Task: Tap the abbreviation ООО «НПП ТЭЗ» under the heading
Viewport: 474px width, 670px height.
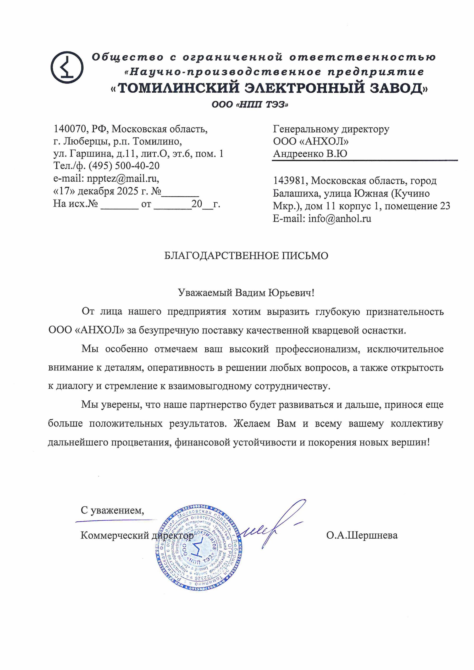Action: (250, 104)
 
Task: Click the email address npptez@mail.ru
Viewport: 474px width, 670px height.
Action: (122, 178)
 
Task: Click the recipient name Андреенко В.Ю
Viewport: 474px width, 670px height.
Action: (310, 154)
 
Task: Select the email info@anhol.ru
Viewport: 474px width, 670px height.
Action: (340, 219)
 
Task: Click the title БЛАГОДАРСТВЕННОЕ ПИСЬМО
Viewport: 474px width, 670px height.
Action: (246, 256)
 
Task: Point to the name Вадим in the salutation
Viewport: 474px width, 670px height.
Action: (250, 292)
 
